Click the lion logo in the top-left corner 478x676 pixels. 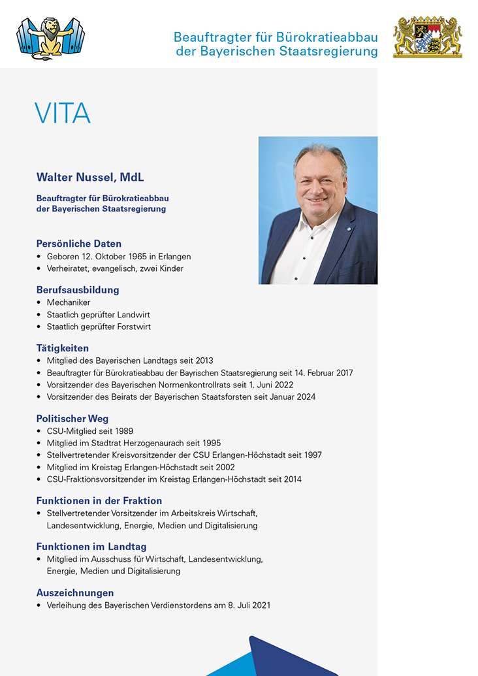50,38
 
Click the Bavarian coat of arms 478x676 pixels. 427,37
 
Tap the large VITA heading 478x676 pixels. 63,114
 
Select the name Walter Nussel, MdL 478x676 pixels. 90,178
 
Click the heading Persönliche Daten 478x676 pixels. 79,244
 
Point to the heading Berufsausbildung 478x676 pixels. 78,289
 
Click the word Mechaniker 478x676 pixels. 69,302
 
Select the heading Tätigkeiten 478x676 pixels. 63,348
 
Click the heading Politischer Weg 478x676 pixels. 72,419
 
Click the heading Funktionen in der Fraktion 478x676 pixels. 99,501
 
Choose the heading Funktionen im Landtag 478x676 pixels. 91,547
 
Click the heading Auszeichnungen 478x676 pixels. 75,593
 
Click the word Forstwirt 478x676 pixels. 133,327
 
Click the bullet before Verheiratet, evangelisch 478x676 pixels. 39,268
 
